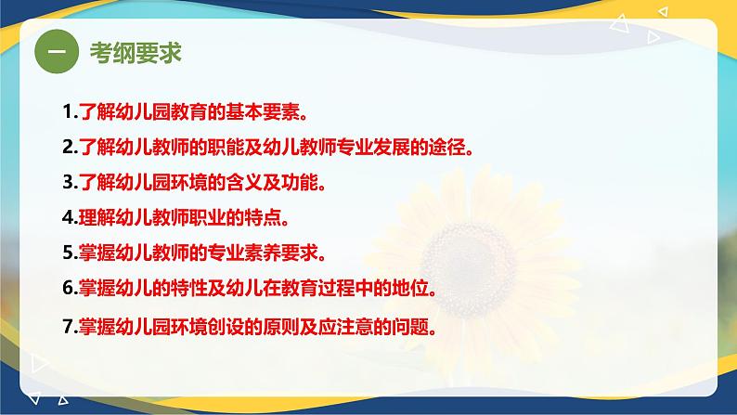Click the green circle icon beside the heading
57,51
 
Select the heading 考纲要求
136,52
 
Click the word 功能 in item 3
300,182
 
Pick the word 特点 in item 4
263,217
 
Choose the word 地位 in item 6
410,288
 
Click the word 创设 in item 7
226,327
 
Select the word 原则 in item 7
280,327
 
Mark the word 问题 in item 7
410,327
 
